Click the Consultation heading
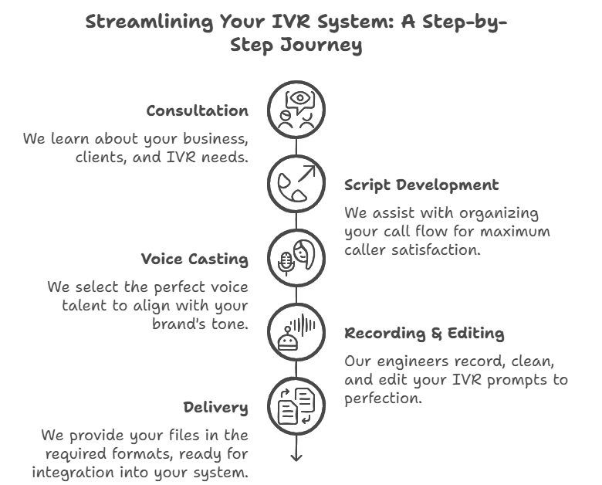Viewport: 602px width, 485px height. tap(198, 110)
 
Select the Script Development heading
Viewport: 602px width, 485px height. tap(421, 185)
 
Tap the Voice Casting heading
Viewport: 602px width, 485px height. tap(194, 259)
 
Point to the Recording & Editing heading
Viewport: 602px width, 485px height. tap(424, 333)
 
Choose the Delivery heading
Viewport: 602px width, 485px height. tap(216, 408)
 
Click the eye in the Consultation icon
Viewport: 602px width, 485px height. tap(300, 98)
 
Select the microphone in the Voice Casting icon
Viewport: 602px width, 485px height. tap(286, 263)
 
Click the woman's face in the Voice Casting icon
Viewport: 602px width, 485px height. tap(304, 254)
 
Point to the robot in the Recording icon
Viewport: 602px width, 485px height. tap(288, 338)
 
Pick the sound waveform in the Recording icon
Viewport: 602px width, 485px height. tap(303, 325)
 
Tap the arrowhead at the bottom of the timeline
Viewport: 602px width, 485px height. tap(296, 457)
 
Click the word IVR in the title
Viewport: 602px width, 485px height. tap(291, 21)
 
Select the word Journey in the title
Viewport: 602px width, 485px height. tap(321, 45)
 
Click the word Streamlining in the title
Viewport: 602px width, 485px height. tap(149, 22)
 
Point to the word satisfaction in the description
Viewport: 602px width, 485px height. tap(436, 250)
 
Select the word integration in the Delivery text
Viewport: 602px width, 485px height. tap(73, 473)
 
